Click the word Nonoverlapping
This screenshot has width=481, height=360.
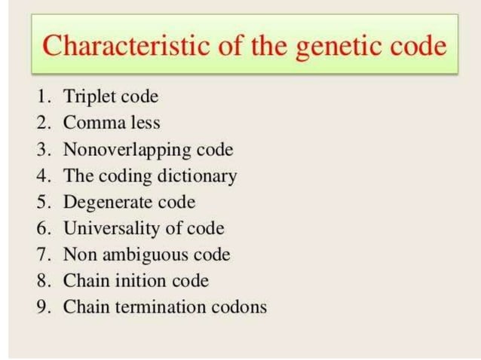124,149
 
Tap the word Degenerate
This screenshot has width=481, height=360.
109,203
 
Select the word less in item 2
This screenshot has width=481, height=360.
144,122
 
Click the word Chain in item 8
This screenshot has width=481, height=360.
84,281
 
